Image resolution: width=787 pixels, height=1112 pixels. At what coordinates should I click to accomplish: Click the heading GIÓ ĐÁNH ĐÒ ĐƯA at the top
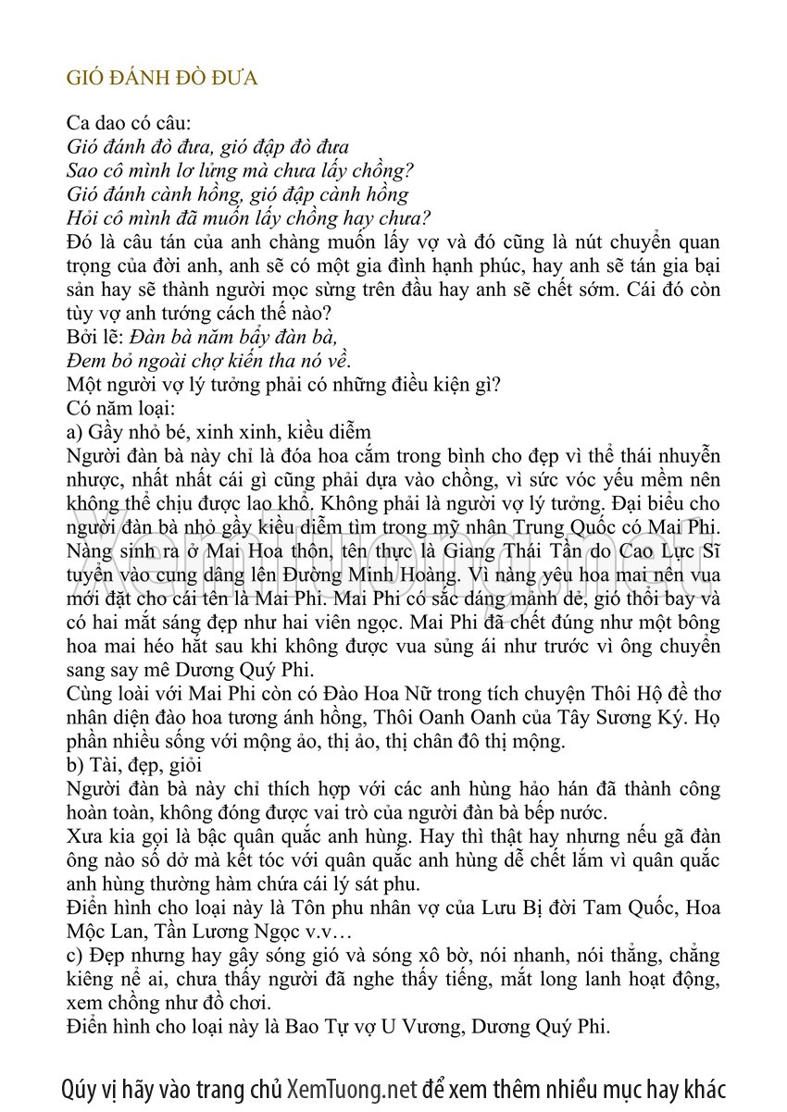pyautogui.click(x=162, y=78)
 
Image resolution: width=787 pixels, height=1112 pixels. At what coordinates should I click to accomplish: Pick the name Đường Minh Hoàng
pyautogui.click(x=281, y=575)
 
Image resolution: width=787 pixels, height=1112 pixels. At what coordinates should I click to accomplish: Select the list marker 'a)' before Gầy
pyautogui.click(x=76, y=432)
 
